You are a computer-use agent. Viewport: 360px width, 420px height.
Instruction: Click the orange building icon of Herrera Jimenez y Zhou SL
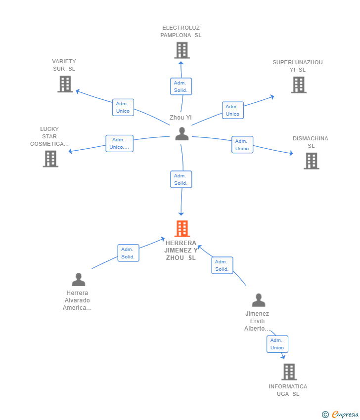[182, 229]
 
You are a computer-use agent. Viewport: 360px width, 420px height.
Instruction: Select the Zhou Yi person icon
[182, 134]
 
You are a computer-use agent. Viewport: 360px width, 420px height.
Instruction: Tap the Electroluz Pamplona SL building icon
[182, 50]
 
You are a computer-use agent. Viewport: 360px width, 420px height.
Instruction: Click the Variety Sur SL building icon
[65, 84]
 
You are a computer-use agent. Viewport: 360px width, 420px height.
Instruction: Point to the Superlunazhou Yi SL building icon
[299, 84]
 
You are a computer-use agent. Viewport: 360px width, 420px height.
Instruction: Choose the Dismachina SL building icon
[311, 161]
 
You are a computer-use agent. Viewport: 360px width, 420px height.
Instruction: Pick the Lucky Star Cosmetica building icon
[50, 159]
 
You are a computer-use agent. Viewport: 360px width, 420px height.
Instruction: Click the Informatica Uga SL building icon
[289, 372]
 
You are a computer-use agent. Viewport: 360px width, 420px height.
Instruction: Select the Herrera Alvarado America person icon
[78, 280]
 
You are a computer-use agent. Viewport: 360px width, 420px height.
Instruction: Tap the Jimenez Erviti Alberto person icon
[258, 300]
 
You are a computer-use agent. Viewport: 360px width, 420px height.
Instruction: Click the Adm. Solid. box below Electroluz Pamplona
[180, 86]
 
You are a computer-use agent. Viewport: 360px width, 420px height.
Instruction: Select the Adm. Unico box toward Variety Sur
[123, 107]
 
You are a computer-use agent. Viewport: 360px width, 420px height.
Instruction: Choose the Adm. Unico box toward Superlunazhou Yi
[232, 110]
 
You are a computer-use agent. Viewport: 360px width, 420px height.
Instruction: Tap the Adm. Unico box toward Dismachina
[242, 145]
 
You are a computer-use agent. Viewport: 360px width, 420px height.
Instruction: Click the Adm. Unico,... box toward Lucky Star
[119, 143]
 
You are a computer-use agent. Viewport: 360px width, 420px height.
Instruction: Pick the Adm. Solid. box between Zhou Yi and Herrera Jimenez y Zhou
[180, 179]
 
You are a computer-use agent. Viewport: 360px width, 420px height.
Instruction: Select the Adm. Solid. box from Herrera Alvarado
[128, 253]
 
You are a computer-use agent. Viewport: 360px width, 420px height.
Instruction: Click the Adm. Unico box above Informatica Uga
[277, 344]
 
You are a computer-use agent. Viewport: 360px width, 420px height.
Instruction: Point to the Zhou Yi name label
[180, 118]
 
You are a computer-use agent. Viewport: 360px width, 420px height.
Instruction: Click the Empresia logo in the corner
[341, 415]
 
